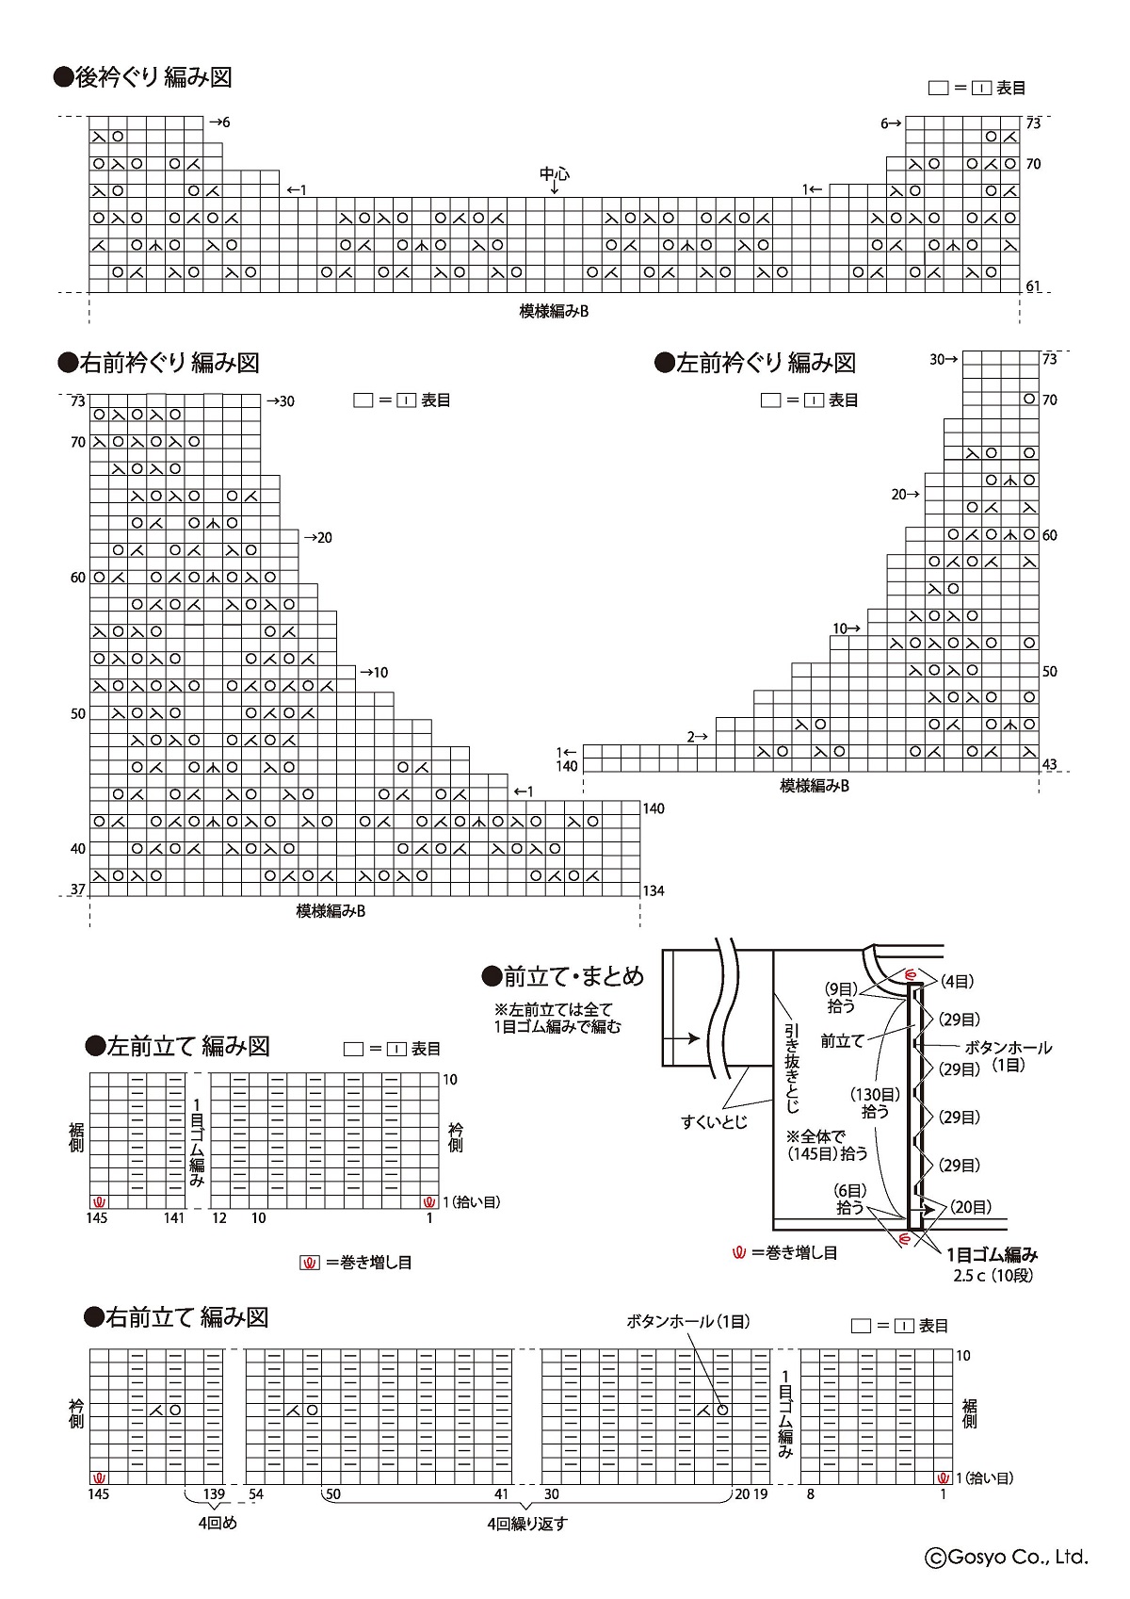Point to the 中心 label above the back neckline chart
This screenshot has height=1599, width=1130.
coord(554,173)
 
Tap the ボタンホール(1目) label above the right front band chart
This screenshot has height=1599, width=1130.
coord(688,1321)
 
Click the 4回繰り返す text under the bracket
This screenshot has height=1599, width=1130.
coord(527,1524)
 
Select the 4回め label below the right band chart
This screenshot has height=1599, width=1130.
coord(217,1523)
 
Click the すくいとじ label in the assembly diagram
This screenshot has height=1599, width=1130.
coord(714,1122)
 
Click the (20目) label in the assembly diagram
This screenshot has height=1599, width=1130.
coord(970,1207)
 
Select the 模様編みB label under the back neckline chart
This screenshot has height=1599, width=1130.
coord(554,311)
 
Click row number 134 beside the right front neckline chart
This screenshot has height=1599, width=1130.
coord(654,890)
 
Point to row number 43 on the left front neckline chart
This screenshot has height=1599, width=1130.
coord(1049,764)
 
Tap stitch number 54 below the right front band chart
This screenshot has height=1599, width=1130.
coord(256,1494)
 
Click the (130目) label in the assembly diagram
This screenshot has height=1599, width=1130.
coord(876,1094)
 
